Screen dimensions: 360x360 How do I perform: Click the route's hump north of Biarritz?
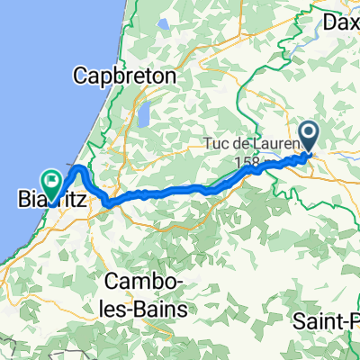point(79,169)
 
